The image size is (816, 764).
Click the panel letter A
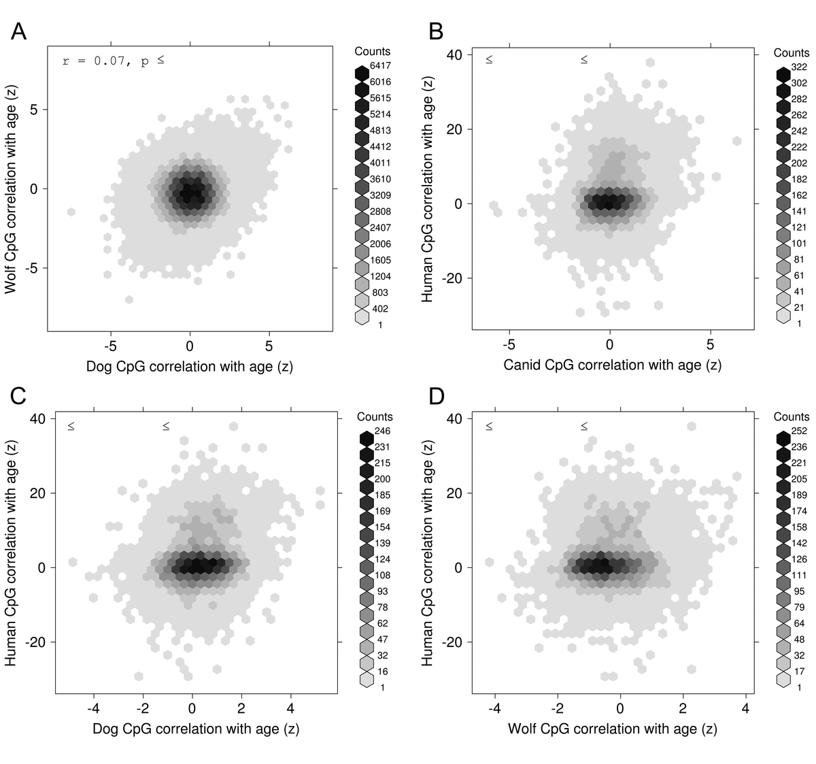coord(19,31)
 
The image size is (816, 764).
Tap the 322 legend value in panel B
coord(799,67)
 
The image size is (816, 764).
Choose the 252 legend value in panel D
coord(798,431)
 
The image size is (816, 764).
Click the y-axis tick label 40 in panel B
coord(454,55)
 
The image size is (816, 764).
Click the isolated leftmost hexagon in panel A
coord(71,212)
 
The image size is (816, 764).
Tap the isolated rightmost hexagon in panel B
coord(737,141)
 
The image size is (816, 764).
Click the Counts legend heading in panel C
coord(375,416)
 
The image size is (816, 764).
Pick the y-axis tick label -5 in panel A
coord(31,268)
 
